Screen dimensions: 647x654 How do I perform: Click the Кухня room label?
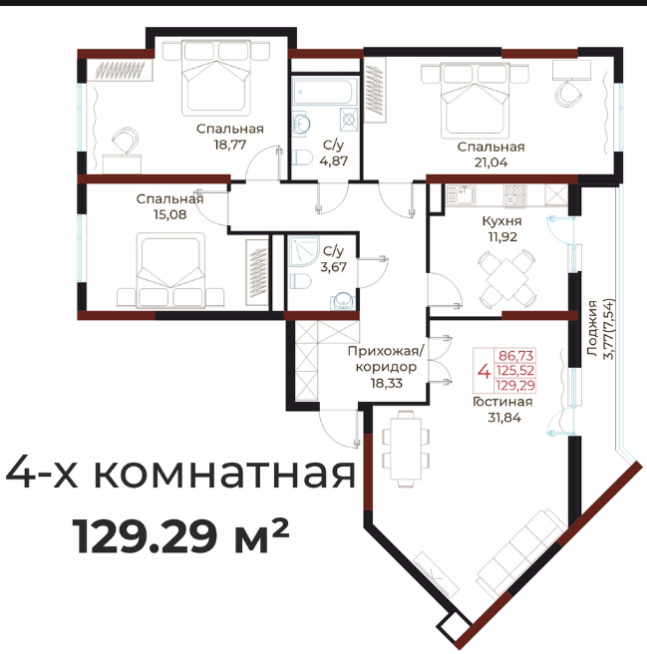(x=501, y=221)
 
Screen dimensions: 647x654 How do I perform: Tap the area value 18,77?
(x=230, y=145)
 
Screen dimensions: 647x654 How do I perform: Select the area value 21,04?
(x=491, y=163)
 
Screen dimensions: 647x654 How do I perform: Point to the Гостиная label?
(x=502, y=402)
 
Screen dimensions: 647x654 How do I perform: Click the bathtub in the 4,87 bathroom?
(x=325, y=91)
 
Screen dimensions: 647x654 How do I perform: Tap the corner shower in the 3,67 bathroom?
(x=304, y=251)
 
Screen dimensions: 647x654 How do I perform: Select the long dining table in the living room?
(x=406, y=449)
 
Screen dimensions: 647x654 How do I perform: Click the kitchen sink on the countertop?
(x=461, y=194)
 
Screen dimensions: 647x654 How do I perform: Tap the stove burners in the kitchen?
(x=515, y=195)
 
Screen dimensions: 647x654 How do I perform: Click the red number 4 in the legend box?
(x=484, y=371)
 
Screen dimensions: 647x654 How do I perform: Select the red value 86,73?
(x=516, y=356)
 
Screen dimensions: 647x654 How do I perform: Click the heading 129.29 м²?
(x=180, y=535)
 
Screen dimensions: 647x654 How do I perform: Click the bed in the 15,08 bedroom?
(x=170, y=270)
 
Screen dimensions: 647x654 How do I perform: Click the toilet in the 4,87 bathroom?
(x=302, y=159)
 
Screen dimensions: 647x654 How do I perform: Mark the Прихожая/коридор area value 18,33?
(x=387, y=383)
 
